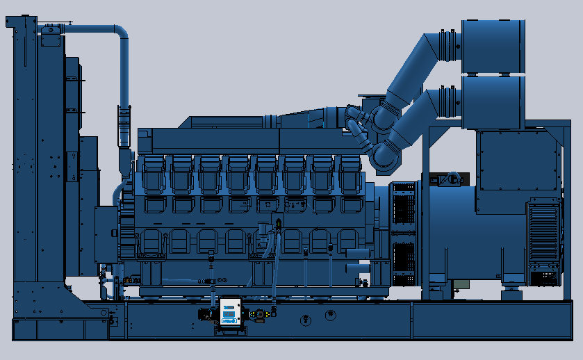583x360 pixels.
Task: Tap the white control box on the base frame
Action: pos(229,313)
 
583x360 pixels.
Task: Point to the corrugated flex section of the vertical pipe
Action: pos(124,126)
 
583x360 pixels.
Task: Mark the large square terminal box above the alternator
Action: pos(518,161)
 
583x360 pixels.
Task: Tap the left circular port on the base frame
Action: pos(304,320)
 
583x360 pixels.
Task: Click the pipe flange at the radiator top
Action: pos(52,29)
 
